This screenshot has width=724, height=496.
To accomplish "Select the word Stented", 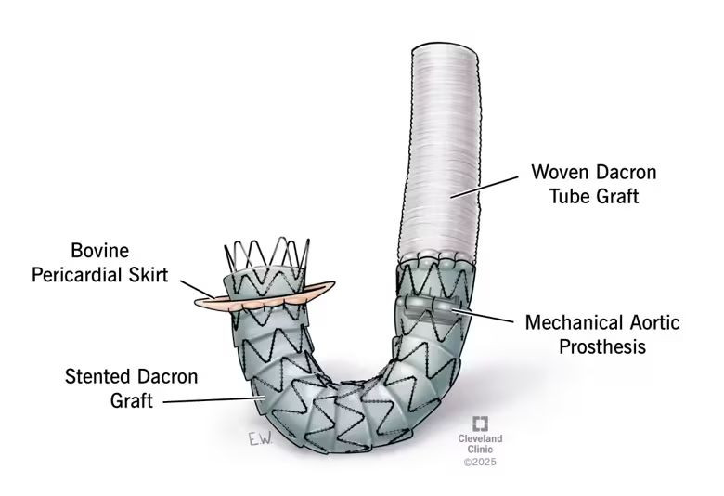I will pyautogui.click(x=99, y=377).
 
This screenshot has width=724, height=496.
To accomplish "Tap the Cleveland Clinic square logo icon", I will pyautogui.click(x=481, y=423).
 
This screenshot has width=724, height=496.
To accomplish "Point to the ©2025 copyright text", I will pyautogui.click(x=480, y=462).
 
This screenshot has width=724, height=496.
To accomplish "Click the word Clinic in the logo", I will pyautogui.click(x=480, y=450).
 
